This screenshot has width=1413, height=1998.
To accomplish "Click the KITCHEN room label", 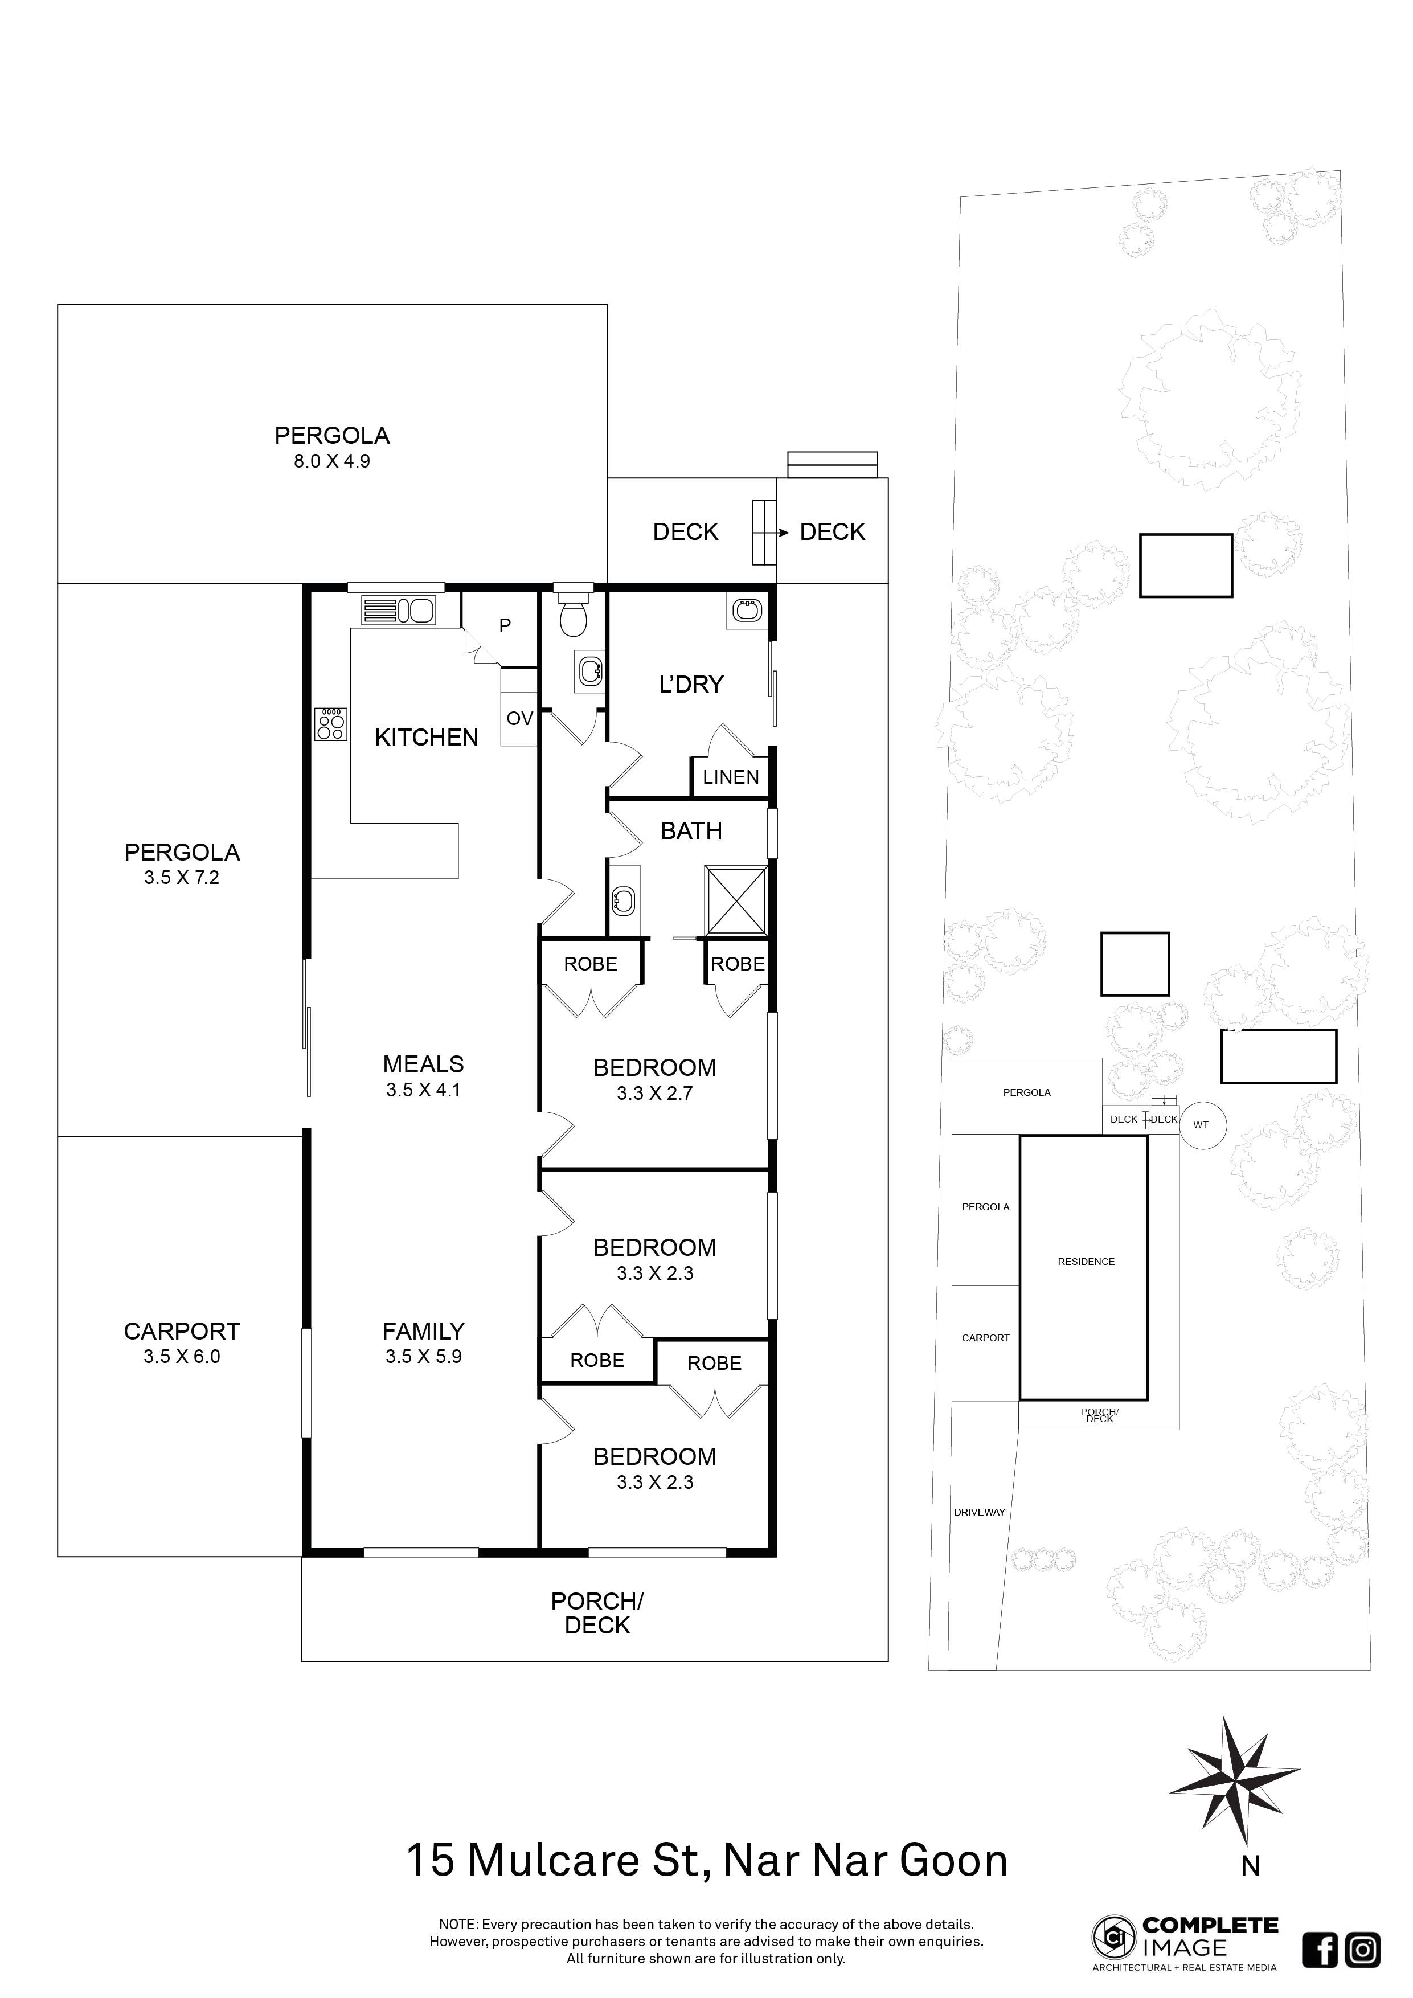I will (427, 738).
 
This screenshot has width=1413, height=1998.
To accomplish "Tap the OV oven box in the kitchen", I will (519, 719).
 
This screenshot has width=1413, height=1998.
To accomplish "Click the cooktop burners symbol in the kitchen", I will (331, 724).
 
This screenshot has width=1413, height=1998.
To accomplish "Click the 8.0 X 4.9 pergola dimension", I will (331, 462).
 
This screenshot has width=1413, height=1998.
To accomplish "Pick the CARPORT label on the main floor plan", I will (182, 1332).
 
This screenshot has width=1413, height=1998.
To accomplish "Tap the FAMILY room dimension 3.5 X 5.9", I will (424, 1357).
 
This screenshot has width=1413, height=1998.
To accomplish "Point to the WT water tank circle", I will (1201, 1125).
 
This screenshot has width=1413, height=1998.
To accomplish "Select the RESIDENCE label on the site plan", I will (1086, 1262).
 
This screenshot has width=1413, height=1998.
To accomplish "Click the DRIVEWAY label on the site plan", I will (980, 1512).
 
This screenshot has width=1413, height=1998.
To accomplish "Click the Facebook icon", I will (1319, 1951).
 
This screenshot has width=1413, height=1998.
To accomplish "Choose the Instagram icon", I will (1362, 1951).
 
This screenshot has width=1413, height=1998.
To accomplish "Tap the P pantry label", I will (505, 625).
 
